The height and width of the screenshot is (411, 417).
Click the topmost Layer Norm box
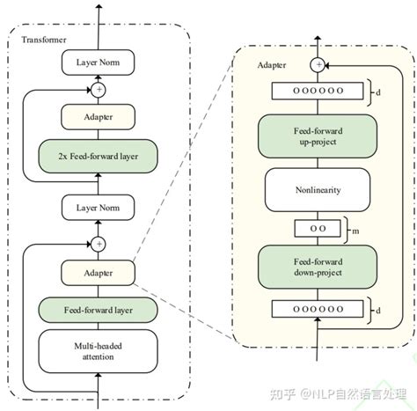[x=99, y=62]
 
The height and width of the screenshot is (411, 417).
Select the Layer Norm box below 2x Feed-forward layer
[x=99, y=208]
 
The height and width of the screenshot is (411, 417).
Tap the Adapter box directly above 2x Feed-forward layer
[x=99, y=116]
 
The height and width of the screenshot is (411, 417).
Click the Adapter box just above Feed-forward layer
[x=99, y=273]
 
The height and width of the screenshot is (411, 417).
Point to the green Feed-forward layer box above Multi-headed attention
[x=99, y=309]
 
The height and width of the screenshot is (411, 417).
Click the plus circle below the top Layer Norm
[x=99, y=89]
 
